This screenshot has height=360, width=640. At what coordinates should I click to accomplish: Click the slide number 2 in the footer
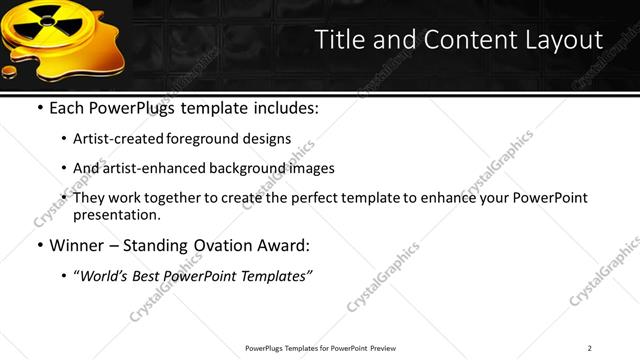pyautogui.click(x=590, y=348)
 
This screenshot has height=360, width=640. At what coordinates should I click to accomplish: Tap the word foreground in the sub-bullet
pyautogui.click(x=209, y=139)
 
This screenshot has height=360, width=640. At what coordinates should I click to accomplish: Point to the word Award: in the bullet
pyautogui.click(x=283, y=245)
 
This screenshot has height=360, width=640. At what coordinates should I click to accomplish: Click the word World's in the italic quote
pyautogui.click(x=106, y=275)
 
